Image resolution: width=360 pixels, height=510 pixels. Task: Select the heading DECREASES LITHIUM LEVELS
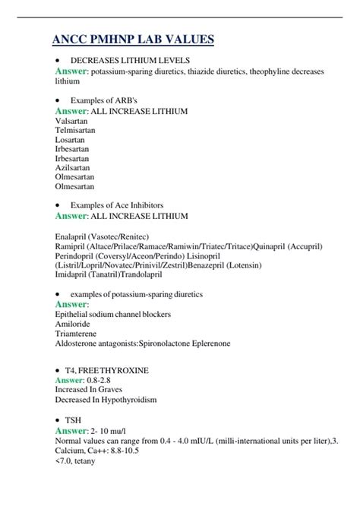click(x=130, y=59)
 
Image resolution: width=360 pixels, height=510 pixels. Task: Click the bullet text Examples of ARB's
click(x=105, y=100)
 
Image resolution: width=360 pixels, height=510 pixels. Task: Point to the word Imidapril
click(x=74, y=275)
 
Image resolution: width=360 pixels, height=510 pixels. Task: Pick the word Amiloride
click(x=74, y=324)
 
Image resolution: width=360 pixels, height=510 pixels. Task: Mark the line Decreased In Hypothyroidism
click(x=106, y=398)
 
